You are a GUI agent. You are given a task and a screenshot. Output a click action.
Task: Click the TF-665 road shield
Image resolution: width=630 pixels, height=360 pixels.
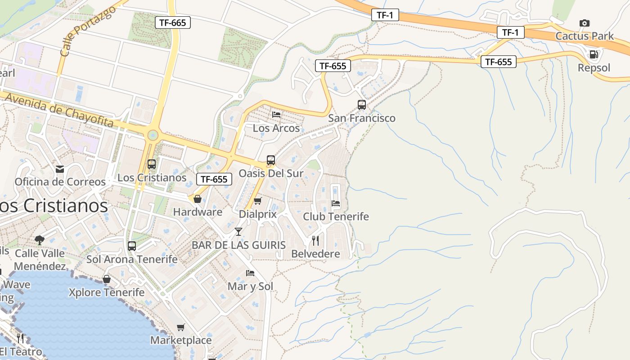click(173, 22)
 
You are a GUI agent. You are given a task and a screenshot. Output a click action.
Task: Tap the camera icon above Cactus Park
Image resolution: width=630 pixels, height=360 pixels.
click(584, 23)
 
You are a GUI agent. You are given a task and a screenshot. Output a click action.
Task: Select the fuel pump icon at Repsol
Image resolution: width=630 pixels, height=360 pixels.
click(594, 55)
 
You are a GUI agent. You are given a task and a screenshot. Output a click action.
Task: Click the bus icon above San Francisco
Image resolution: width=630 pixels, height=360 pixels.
click(362, 105)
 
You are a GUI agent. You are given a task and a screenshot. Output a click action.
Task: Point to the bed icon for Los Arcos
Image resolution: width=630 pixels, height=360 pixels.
click(276, 115)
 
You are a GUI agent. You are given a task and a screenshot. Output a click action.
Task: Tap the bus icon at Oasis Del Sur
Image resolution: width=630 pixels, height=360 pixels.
click(270, 160)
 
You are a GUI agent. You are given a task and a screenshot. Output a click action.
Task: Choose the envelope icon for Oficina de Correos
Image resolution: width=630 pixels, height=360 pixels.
click(60, 169)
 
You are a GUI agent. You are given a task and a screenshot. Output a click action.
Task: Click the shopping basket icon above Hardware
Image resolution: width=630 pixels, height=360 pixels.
click(197, 198)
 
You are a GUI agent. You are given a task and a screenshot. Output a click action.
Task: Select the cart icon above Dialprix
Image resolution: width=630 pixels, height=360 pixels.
click(257, 201)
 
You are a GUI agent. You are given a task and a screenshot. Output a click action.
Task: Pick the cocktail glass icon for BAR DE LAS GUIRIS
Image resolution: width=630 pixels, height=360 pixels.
click(238, 232)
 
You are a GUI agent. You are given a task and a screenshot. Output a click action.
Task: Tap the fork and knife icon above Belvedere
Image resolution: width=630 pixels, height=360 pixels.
click(315, 241)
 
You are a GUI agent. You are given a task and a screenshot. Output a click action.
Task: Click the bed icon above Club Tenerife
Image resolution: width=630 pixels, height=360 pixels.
click(336, 203)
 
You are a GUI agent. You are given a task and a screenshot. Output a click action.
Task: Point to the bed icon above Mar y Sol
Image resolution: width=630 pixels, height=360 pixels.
click(250, 273)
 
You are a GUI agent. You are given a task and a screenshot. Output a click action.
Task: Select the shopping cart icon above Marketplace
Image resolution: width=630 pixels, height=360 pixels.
click(180, 327)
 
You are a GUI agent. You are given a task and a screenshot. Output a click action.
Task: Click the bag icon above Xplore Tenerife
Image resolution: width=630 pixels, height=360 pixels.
click(107, 279)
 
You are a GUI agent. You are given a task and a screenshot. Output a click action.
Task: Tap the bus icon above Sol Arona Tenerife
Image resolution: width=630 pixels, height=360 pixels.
click(132, 246)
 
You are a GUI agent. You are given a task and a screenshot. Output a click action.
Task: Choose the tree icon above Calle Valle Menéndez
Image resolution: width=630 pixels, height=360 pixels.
click(40, 240)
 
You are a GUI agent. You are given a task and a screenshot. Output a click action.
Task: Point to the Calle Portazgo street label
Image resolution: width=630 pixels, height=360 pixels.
click(88, 31)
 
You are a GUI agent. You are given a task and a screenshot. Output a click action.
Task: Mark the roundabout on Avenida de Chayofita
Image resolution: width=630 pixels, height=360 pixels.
click(153, 135)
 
